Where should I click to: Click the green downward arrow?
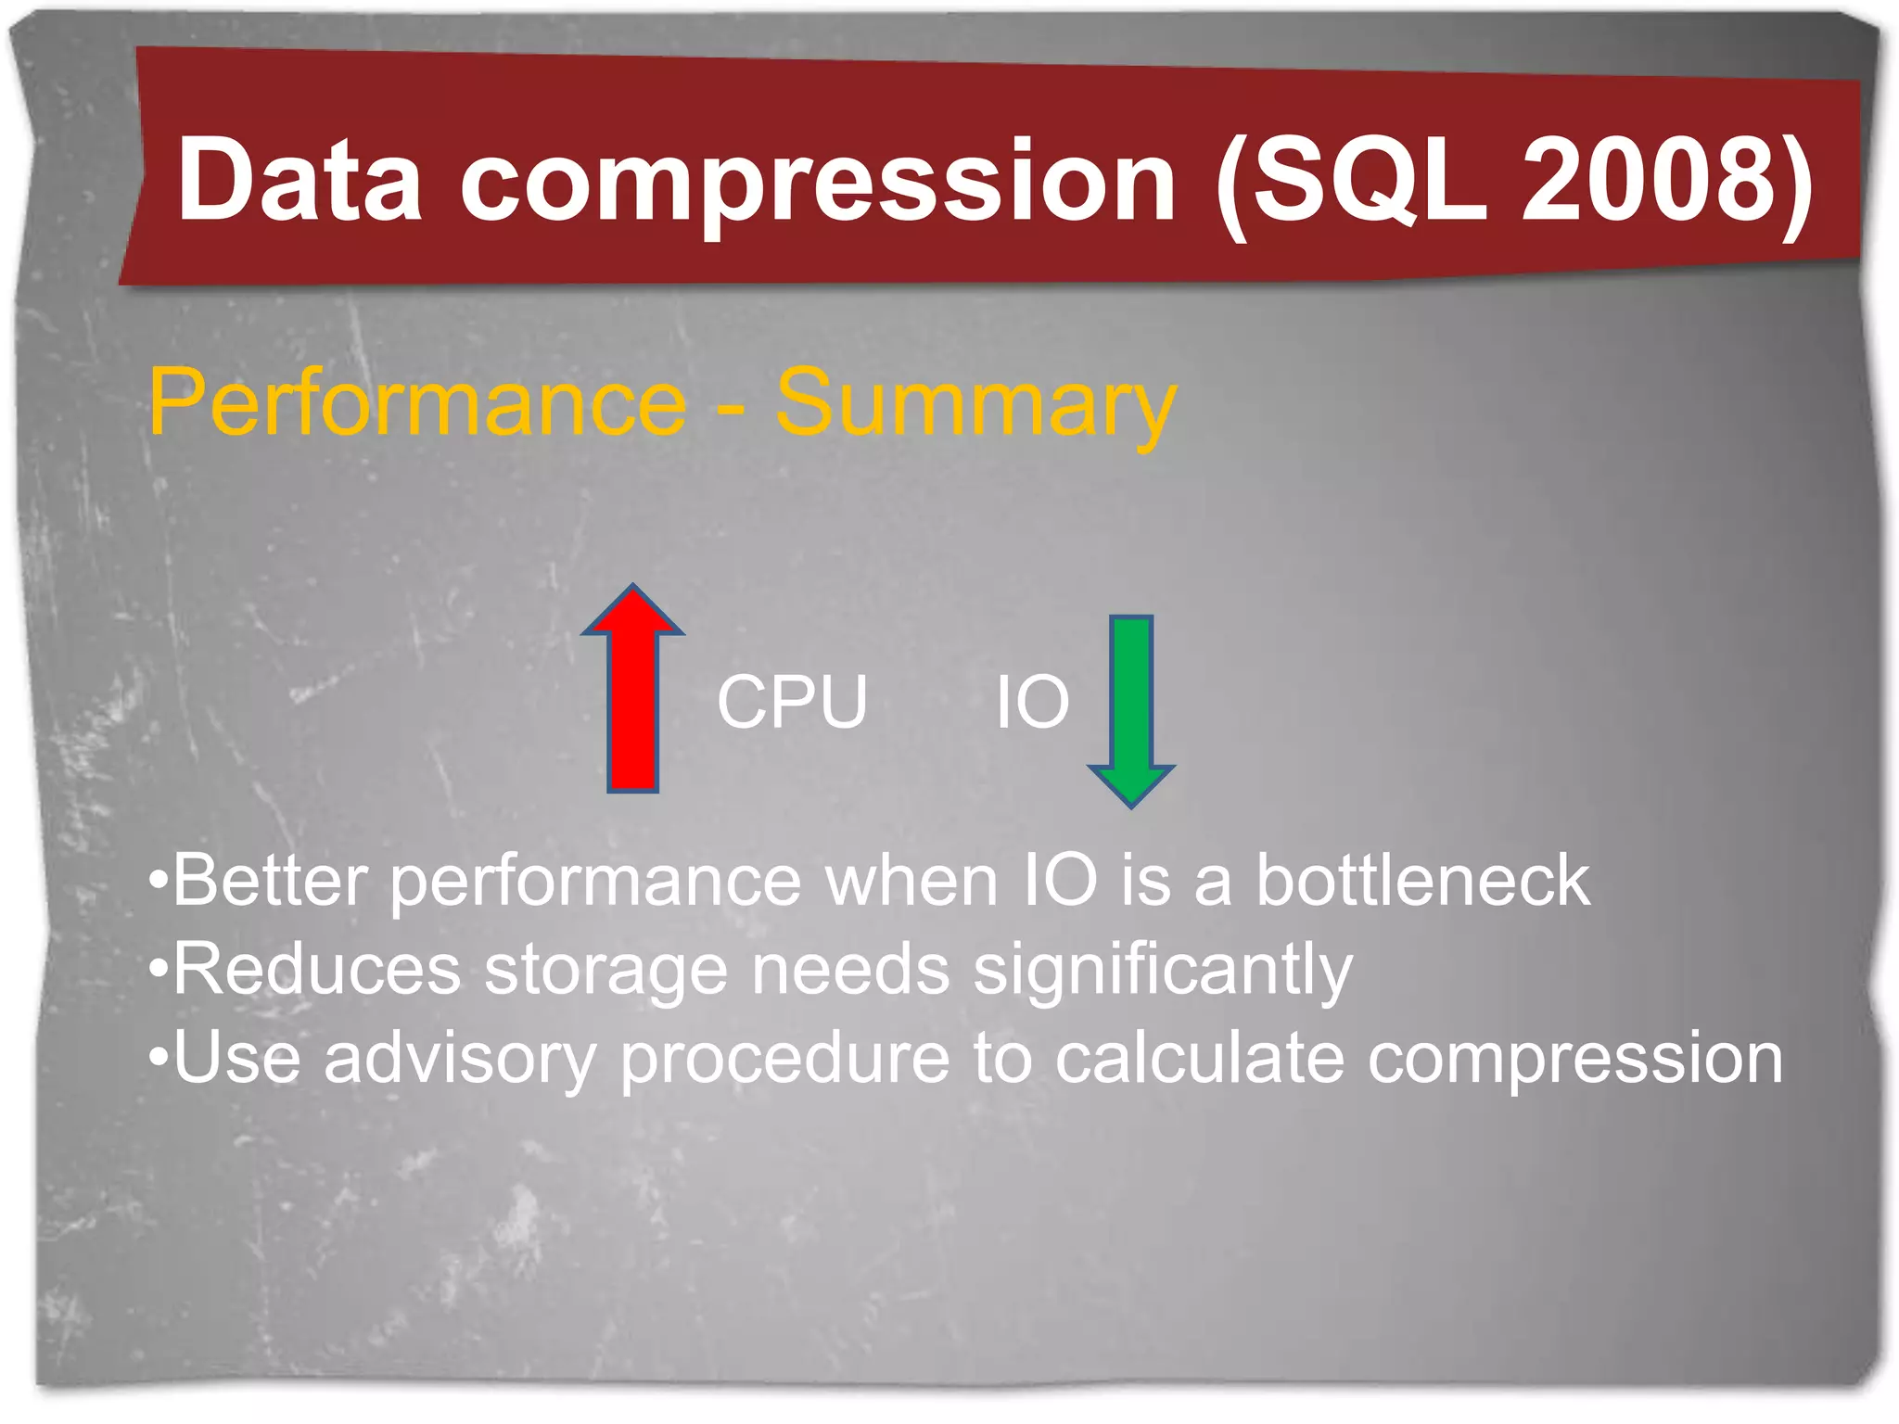click(1131, 709)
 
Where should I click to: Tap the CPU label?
click(792, 702)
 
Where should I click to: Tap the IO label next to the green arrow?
click(1032, 702)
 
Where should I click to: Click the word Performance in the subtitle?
click(417, 403)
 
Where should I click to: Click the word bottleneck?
click(1422, 880)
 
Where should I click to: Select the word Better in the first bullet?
click(270, 880)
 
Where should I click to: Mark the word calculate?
click(1199, 1058)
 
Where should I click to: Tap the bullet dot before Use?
click(159, 1058)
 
